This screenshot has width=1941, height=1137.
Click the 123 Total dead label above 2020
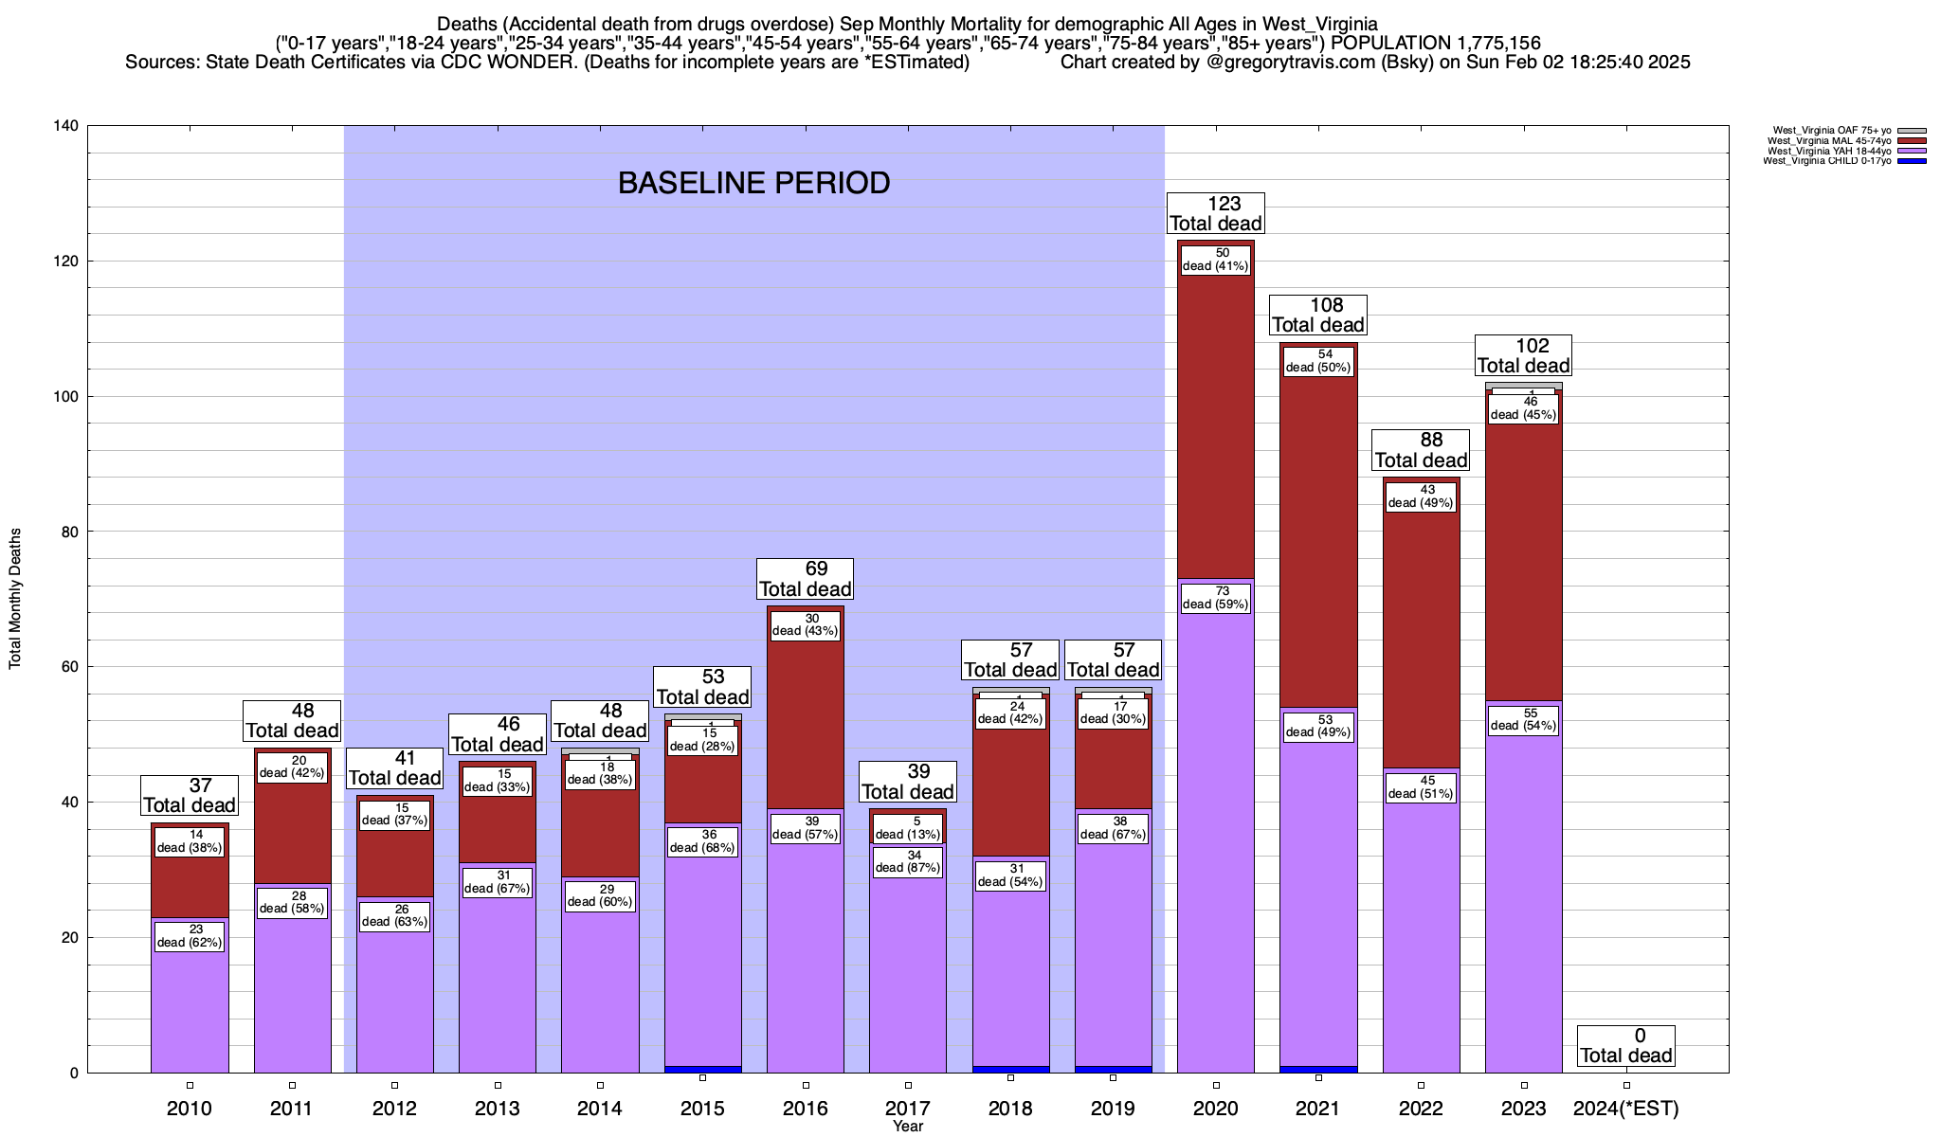(x=1216, y=213)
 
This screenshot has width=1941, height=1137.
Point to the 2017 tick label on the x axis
(x=908, y=1108)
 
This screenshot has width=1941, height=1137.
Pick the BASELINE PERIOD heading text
(x=753, y=183)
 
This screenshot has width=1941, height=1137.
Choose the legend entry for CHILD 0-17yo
(x=1843, y=161)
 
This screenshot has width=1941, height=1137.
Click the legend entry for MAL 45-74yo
(x=1843, y=141)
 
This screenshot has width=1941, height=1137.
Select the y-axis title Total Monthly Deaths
(x=15, y=599)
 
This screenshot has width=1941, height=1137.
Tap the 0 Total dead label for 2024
(x=1626, y=1045)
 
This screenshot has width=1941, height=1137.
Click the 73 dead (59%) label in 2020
(x=1216, y=598)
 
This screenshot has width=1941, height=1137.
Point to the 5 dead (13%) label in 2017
(x=908, y=828)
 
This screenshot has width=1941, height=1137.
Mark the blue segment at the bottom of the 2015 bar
(x=703, y=1069)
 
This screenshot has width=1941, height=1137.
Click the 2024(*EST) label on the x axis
(x=1625, y=1108)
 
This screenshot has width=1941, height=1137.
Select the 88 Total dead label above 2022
(x=1421, y=450)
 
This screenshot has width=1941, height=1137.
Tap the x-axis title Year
(x=908, y=1127)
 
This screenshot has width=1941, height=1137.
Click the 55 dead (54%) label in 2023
(x=1524, y=720)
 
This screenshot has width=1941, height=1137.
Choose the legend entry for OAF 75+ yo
(x=1843, y=131)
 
